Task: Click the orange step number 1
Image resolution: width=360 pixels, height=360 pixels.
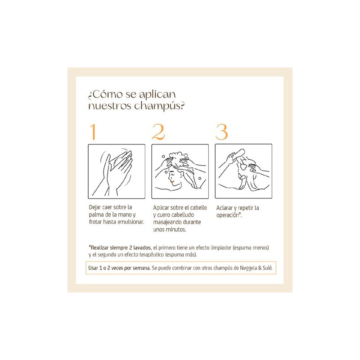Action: pyautogui.click(x=93, y=132)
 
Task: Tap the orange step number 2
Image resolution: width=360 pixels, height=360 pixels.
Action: pyautogui.click(x=158, y=132)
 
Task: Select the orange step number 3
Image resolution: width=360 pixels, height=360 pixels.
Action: pyautogui.click(x=221, y=132)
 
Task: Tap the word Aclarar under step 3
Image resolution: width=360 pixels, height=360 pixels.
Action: pyautogui.click(x=224, y=208)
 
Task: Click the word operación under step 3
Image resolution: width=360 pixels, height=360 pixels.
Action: pyautogui.click(x=228, y=216)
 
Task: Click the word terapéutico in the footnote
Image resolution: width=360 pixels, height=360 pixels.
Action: pyautogui.click(x=150, y=255)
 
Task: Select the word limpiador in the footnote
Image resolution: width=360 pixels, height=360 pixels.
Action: pyautogui.click(x=221, y=248)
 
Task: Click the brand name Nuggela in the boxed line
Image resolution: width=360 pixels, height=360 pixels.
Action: pyautogui.click(x=248, y=268)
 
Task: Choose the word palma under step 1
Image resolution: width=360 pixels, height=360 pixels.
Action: pyautogui.click(x=96, y=215)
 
